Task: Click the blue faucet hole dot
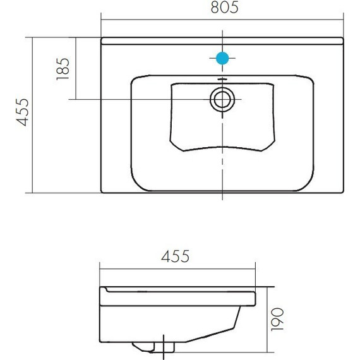(x=222, y=58)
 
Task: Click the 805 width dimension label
(x=225, y=8)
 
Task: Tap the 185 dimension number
(x=63, y=69)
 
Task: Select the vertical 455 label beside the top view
(x=22, y=112)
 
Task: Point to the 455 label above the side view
(x=175, y=256)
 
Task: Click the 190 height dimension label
(x=277, y=320)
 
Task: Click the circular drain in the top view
(x=222, y=99)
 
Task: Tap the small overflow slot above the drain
(x=222, y=80)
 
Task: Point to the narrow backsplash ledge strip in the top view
(x=222, y=41)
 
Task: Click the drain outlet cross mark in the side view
(x=164, y=347)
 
